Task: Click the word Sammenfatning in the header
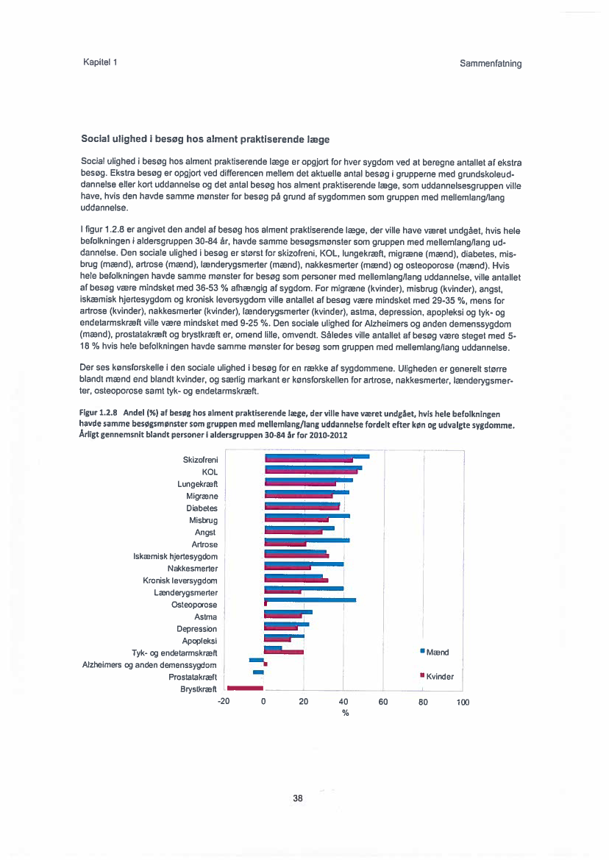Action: pyautogui.click(x=491, y=63)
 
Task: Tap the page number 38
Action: pyautogui.click(x=298, y=797)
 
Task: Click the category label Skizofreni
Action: pyautogui.click(x=200, y=460)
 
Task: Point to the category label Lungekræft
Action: pyautogui.click(x=197, y=484)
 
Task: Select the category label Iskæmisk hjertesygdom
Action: pyautogui.click(x=175, y=556)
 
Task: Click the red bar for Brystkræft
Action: pyautogui.click(x=245, y=688)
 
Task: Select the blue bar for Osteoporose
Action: pyautogui.click(x=310, y=600)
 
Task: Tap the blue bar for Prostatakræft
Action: pyautogui.click(x=258, y=672)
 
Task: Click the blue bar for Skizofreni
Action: pyautogui.click(x=316, y=456)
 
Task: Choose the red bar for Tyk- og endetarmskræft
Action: pyautogui.click(x=284, y=652)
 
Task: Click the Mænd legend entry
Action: pyautogui.click(x=435, y=652)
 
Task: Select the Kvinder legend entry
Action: pyautogui.click(x=438, y=676)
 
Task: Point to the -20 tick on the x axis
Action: pyautogui.click(x=224, y=702)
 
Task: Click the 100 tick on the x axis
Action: pyautogui.click(x=462, y=702)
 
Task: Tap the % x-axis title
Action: pyautogui.click(x=344, y=712)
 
